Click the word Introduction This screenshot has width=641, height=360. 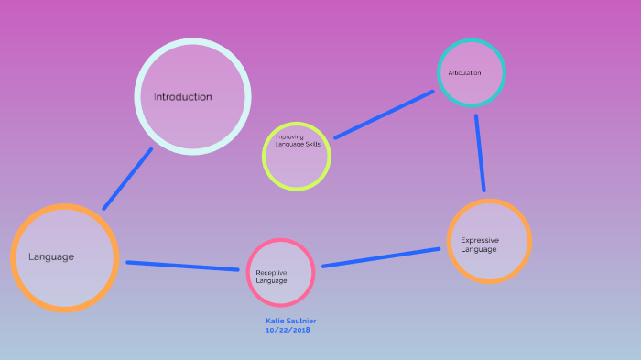182,97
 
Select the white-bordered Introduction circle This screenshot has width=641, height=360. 192,124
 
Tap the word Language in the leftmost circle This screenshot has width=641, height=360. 51,257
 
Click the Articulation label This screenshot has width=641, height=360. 464,73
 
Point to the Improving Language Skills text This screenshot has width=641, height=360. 298,140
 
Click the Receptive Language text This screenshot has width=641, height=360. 271,277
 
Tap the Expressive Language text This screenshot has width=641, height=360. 480,245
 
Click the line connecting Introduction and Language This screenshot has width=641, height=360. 127,179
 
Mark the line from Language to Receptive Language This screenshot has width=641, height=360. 182,266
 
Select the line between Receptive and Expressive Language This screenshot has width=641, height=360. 380,257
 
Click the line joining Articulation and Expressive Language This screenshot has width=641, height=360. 480,153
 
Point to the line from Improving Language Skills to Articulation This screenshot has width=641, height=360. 384,115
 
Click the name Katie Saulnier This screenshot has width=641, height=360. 290,321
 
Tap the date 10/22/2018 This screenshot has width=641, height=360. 288,329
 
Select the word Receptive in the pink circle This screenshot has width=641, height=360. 272,272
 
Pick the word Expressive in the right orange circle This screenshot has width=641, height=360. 480,240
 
